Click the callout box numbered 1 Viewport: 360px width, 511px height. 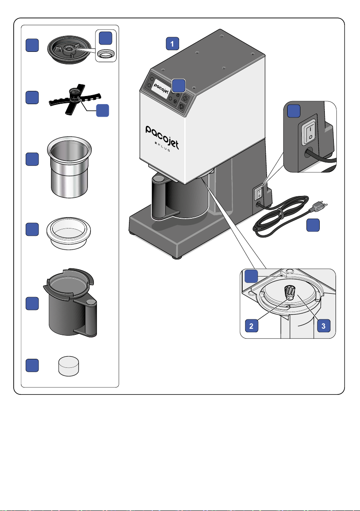[x=172, y=44]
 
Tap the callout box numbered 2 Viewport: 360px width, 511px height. [x=252, y=325]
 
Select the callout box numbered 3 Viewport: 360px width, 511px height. [x=324, y=325]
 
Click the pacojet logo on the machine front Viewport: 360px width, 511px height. [x=162, y=137]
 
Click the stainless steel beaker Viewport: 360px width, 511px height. [x=69, y=167]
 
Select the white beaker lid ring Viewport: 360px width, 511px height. [x=69, y=233]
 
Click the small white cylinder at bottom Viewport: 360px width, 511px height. [x=69, y=366]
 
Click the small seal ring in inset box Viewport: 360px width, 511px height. [x=106, y=54]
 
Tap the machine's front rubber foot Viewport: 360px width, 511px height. [x=177, y=257]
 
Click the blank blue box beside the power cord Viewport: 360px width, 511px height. [x=313, y=225]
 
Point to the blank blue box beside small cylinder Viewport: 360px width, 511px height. [x=32, y=365]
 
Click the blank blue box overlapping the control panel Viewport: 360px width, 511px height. [x=179, y=85]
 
